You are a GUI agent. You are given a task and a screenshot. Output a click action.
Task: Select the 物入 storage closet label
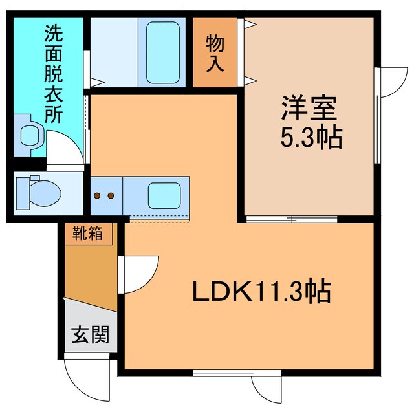click(x=215, y=53)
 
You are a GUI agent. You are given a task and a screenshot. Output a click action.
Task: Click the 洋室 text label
click(x=308, y=107)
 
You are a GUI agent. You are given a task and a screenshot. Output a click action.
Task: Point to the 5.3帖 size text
click(x=310, y=138)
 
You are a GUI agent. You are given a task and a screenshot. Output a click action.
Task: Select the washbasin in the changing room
click(x=29, y=135)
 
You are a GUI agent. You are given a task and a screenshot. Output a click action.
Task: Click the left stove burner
click(x=98, y=195)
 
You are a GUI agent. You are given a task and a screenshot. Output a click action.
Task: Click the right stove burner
click(x=111, y=195)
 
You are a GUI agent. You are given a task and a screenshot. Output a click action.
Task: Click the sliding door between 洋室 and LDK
click(x=292, y=219)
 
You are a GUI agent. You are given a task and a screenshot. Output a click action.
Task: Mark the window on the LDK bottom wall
click(x=221, y=372)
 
